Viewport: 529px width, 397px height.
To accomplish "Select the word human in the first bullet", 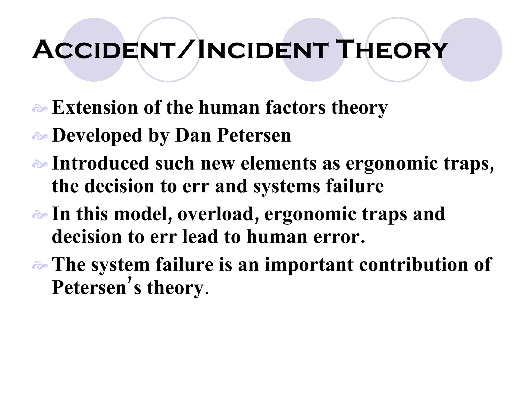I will tap(229, 108).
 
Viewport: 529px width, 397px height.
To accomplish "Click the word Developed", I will tap(97, 136).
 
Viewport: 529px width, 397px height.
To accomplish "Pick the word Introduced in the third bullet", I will tap(101, 163).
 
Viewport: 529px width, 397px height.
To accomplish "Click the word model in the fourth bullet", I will tap(143, 214).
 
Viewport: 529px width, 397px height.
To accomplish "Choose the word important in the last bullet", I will tap(309, 265).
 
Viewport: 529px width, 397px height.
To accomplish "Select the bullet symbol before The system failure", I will tap(40, 266).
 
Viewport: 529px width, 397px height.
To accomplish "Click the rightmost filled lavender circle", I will tap(471, 50).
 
